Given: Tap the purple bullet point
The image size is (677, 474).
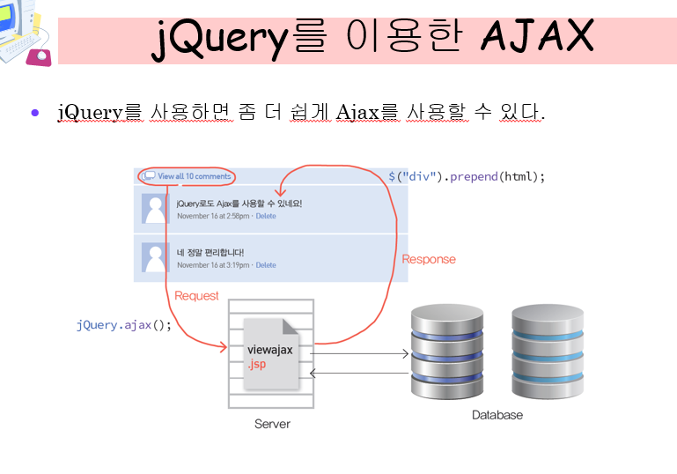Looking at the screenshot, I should (35, 112).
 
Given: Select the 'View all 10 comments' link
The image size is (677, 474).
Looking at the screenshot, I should (194, 176).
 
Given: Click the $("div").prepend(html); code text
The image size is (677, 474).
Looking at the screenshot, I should (467, 176).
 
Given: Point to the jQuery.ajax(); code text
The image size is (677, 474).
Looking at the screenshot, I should (123, 325).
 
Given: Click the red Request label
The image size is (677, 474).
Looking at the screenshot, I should (196, 296).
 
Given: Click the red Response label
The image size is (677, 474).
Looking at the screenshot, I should (429, 259).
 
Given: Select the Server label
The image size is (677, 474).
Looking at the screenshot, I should (272, 424).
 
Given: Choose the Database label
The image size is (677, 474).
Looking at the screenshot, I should (497, 415).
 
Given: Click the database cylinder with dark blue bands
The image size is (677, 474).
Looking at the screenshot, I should (446, 352).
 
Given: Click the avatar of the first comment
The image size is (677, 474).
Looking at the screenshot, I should (157, 209).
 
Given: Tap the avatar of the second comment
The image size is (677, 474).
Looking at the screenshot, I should (157, 257).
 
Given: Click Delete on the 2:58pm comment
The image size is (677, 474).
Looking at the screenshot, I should (266, 216).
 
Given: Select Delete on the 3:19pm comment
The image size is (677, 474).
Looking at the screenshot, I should (266, 265).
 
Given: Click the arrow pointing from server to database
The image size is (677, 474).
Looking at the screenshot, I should (361, 353).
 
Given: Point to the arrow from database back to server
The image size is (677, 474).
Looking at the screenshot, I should (361, 373).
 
